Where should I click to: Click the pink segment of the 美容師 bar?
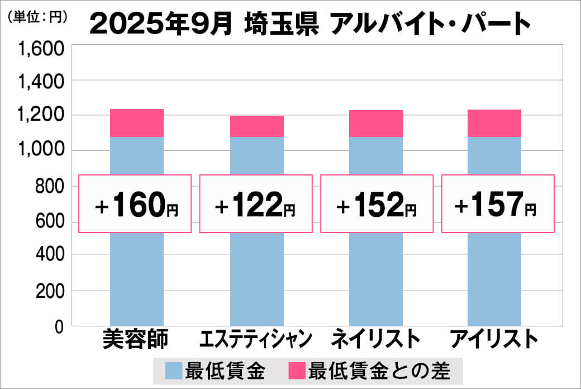137,123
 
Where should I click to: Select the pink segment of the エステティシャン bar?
257,126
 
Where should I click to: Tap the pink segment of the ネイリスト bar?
375,124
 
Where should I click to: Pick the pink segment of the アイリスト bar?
494,123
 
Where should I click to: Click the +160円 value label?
136,205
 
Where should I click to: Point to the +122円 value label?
255,205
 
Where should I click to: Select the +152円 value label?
377,205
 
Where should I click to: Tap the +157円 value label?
498,205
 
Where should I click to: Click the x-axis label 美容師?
136,339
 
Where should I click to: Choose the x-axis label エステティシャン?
256,339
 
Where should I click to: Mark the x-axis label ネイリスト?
375,339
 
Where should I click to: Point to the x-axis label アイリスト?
494,339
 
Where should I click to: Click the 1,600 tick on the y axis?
42,50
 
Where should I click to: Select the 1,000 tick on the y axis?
42,151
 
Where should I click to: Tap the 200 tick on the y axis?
50,291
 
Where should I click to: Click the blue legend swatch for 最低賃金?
174,371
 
